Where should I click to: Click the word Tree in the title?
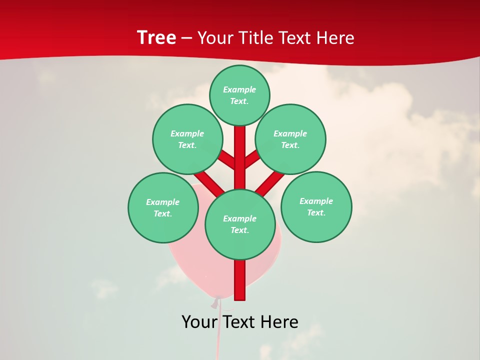[x=156, y=37]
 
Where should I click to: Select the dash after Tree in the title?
[x=186, y=38]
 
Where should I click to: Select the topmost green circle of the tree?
[x=239, y=95]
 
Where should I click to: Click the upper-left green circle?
[x=187, y=139]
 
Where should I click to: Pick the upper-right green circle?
[x=290, y=139]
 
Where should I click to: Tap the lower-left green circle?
[x=163, y=207]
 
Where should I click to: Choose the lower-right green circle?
[x=316, y=206]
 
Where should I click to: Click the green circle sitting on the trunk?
[x=240, y=224]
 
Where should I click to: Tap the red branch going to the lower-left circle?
[x=209, y=182]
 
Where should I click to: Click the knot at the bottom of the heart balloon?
[x=216, y=302]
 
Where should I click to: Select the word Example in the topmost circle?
[x=239, y=89]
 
